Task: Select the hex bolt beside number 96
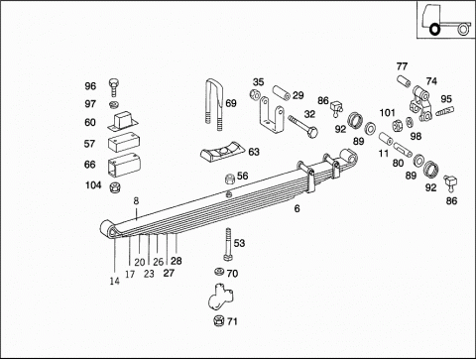click(x=113, y=87)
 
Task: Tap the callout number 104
click(x=93, y=185)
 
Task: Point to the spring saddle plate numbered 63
click(x=223, y=153)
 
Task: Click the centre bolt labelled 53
click(x=228, y=245)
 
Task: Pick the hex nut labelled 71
click(x=218, y=320)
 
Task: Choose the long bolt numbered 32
click(x=302, y=127)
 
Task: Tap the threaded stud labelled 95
click(x=445, y=110)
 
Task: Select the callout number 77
click(x=402, y=66)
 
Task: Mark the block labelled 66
click(x=124, y=165)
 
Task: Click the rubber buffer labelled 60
click(x=123, y=120)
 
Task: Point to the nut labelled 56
click(x=230, y=179)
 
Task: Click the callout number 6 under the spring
click(x=297, y=208)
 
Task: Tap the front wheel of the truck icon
click(x=434, y=30)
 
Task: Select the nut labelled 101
click(x=397, y=125)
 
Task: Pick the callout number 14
click(x=114, y=281)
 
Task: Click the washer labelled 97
click(x=114, y=105)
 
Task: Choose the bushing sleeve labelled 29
click(x=282, y=92)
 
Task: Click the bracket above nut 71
click(x=221, y=296)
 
